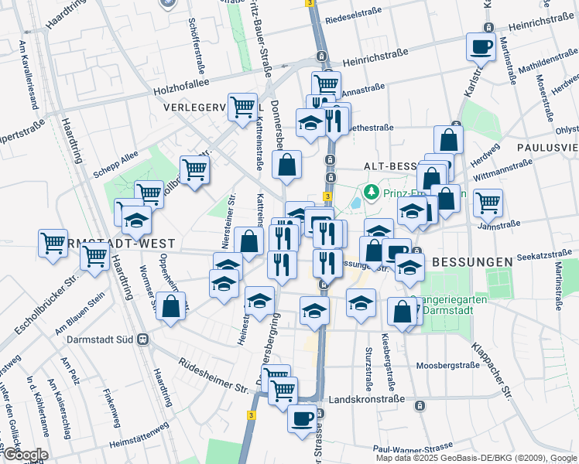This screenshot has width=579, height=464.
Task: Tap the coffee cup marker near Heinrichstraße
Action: click(x=481, y=46)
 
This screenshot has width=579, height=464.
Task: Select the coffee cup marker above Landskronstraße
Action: click(x=302, y=418)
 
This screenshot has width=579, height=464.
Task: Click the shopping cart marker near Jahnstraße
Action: click(x=488, y=203)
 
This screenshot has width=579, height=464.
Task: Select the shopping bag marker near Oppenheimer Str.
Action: click(x=170, y=306)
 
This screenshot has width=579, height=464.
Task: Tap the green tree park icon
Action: click(x=372, y=190)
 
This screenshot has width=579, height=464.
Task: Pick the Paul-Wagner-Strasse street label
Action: click(x=412, y=448)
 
